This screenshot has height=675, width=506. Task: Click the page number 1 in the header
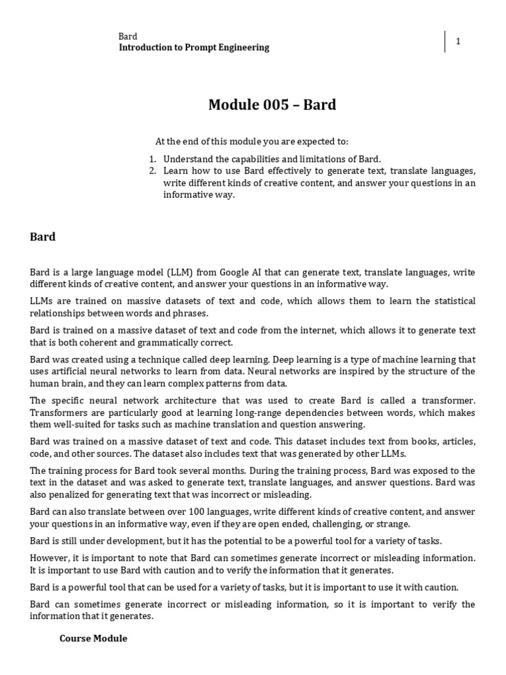pos(458,42)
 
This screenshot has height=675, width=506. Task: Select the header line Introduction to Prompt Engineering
pos(194,47)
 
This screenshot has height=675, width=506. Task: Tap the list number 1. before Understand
pos(152,159)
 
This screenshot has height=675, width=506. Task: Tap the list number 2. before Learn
pos(152,171)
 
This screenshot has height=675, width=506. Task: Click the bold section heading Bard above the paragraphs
pos(43,237)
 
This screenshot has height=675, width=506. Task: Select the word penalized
pos(73,494)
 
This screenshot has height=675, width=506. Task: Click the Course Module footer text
pos(94,639)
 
